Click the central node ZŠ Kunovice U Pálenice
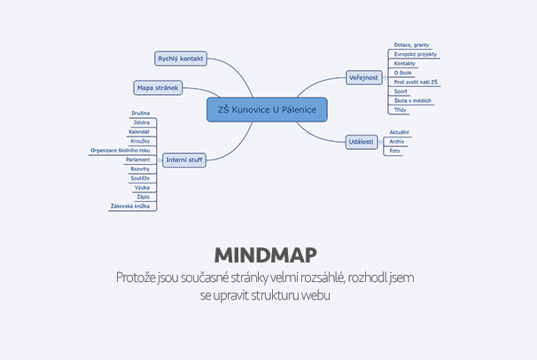(267, 109)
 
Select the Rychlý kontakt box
(180, 59)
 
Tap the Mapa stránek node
(157, 87)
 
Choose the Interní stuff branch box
(183, 160)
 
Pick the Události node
(361, 141)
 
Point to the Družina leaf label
(140, 113)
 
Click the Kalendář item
(139, 132)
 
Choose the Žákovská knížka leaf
(129, 206)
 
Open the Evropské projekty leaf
(415, 54)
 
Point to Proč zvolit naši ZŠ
(416, 82)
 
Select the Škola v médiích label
(413, 100)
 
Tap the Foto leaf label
(395, 151)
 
